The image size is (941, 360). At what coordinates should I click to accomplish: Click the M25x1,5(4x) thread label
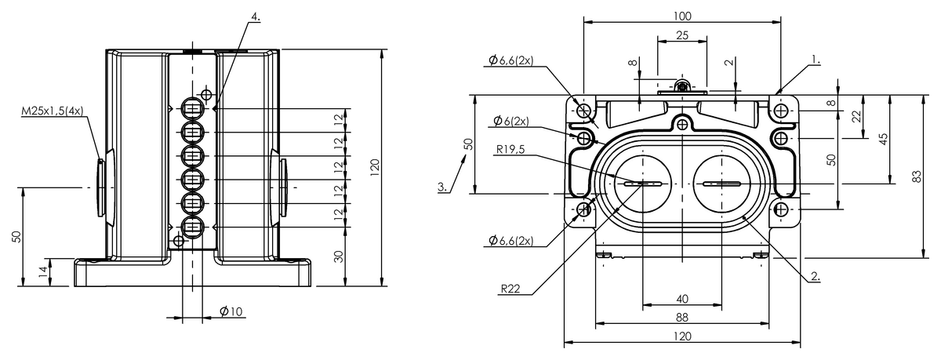point(53,111)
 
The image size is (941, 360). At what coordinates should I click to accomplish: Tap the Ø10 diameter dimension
point(231,311)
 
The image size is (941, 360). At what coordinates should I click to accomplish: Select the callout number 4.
point(256,16)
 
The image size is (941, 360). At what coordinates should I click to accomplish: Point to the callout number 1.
point(816,60)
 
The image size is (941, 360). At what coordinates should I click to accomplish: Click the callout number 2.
point(816,276)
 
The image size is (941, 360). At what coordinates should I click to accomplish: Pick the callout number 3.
point(443,187)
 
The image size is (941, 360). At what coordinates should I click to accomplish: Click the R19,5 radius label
point(510,149)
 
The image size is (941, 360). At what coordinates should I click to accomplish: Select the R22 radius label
point(510,289)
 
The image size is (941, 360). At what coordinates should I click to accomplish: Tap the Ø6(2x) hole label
point(510,121)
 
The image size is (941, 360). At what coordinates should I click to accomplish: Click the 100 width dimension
point(682,16)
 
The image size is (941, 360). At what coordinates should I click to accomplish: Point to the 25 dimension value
point(682,35)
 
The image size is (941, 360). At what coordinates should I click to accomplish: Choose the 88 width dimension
point(682,318)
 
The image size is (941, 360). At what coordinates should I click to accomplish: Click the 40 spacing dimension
point(682,299)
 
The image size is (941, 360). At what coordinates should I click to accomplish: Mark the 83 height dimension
point(917,176)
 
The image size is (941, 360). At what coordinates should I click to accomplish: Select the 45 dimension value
point(884,139)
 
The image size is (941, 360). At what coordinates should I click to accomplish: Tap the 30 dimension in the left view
point(339,256)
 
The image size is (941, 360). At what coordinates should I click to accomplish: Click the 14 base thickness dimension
point(43,272)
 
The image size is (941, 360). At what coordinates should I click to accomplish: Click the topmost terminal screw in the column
point(193,109)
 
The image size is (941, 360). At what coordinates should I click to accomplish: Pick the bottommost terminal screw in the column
point(193,227)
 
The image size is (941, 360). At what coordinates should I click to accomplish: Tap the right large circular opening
point(721,184)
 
